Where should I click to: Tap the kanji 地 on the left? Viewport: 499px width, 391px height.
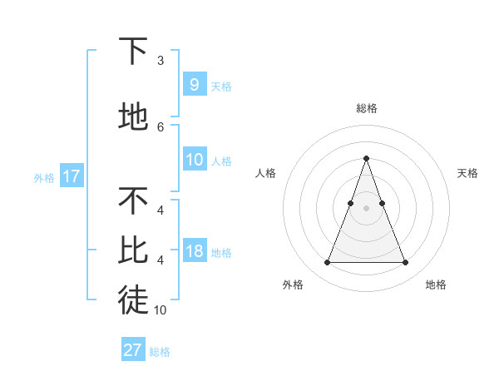point(133,117)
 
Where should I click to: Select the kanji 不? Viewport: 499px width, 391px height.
point(133,200)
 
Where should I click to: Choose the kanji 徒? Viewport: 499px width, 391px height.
point(133,301)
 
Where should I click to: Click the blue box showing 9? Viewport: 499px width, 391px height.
point(194,85)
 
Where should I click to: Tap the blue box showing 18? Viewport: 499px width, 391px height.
point(195,251)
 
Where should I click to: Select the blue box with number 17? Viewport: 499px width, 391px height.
point(71,176)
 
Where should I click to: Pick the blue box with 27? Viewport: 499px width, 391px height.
point(132,350)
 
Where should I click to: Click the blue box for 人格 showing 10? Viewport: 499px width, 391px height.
point(195,160)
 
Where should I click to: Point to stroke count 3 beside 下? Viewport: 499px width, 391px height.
point(161,61)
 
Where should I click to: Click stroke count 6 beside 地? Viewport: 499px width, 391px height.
point(161,126)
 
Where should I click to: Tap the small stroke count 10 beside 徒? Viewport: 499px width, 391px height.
point(161,310)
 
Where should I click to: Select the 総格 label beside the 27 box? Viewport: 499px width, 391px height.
point(160,352)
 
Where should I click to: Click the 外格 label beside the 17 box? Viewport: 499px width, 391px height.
point(44,177)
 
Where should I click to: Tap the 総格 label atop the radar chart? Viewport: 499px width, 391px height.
point(366,108)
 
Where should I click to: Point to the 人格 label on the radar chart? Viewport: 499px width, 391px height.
point(265,173)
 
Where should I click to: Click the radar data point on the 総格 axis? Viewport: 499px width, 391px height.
point(366,158)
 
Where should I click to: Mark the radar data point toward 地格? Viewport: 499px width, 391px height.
point(406,263)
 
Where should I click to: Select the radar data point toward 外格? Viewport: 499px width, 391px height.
point(327,263)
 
